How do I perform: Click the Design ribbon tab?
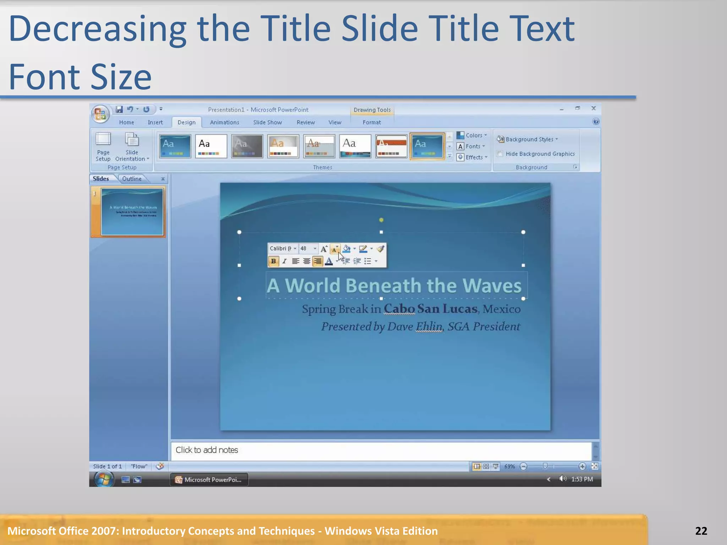point(186,122)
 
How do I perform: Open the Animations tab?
point(224,122)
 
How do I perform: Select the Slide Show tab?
point(267,122)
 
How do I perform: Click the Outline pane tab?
point(132,179)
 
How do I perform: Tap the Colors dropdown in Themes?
point(472,135)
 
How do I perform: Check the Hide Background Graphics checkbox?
point(500,154)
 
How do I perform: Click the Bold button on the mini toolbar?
point(273,262)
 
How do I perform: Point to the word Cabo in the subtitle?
point(399,309)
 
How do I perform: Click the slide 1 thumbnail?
point(132,212)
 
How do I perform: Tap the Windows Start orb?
point(104,479)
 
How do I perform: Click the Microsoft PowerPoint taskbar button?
point(209,480)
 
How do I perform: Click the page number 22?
point(701,531)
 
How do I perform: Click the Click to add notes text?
point(207,450)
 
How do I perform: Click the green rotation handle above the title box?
point(381,220)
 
